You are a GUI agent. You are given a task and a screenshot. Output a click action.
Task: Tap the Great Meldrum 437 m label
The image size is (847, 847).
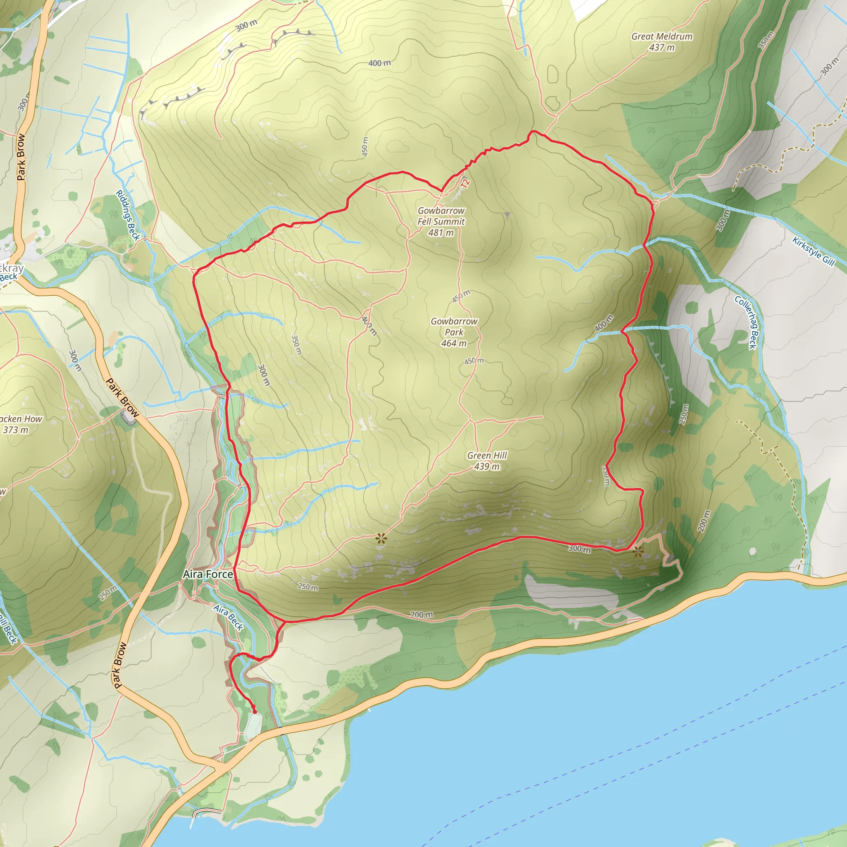tap(662, 42)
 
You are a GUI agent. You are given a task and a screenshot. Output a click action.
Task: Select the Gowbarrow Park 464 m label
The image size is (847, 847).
tap(454, 332)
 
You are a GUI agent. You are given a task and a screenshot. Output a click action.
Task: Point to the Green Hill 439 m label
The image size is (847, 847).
tap(487, 461)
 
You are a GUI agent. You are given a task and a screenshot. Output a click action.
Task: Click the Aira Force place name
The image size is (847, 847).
tap(208, 574)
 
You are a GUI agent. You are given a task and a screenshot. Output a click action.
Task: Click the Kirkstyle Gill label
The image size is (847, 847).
tap(813, 251)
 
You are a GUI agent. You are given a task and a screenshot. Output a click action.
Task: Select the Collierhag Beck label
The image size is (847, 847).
tap(746, 322)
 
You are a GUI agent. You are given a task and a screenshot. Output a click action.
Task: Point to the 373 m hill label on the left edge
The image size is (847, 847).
tap(17, 424)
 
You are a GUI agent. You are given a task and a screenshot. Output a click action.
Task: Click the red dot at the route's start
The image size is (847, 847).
tap(255, 711)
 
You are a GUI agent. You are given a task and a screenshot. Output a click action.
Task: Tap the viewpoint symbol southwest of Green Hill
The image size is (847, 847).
tap(381, 539)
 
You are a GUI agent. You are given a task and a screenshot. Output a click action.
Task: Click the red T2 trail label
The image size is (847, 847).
tap(465, 183)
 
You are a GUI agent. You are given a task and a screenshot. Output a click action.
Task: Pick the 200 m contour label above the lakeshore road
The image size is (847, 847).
tap(421, 615)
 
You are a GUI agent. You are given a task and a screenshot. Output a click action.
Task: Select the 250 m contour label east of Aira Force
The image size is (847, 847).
tap(308, 586)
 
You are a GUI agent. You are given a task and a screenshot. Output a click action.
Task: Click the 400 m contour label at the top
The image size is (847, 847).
tap(379, 63)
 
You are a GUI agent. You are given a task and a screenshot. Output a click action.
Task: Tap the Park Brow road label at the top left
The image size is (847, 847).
tap(21, 156)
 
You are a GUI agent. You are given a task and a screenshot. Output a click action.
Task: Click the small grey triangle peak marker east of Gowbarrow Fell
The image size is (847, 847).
tap(507, 215)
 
